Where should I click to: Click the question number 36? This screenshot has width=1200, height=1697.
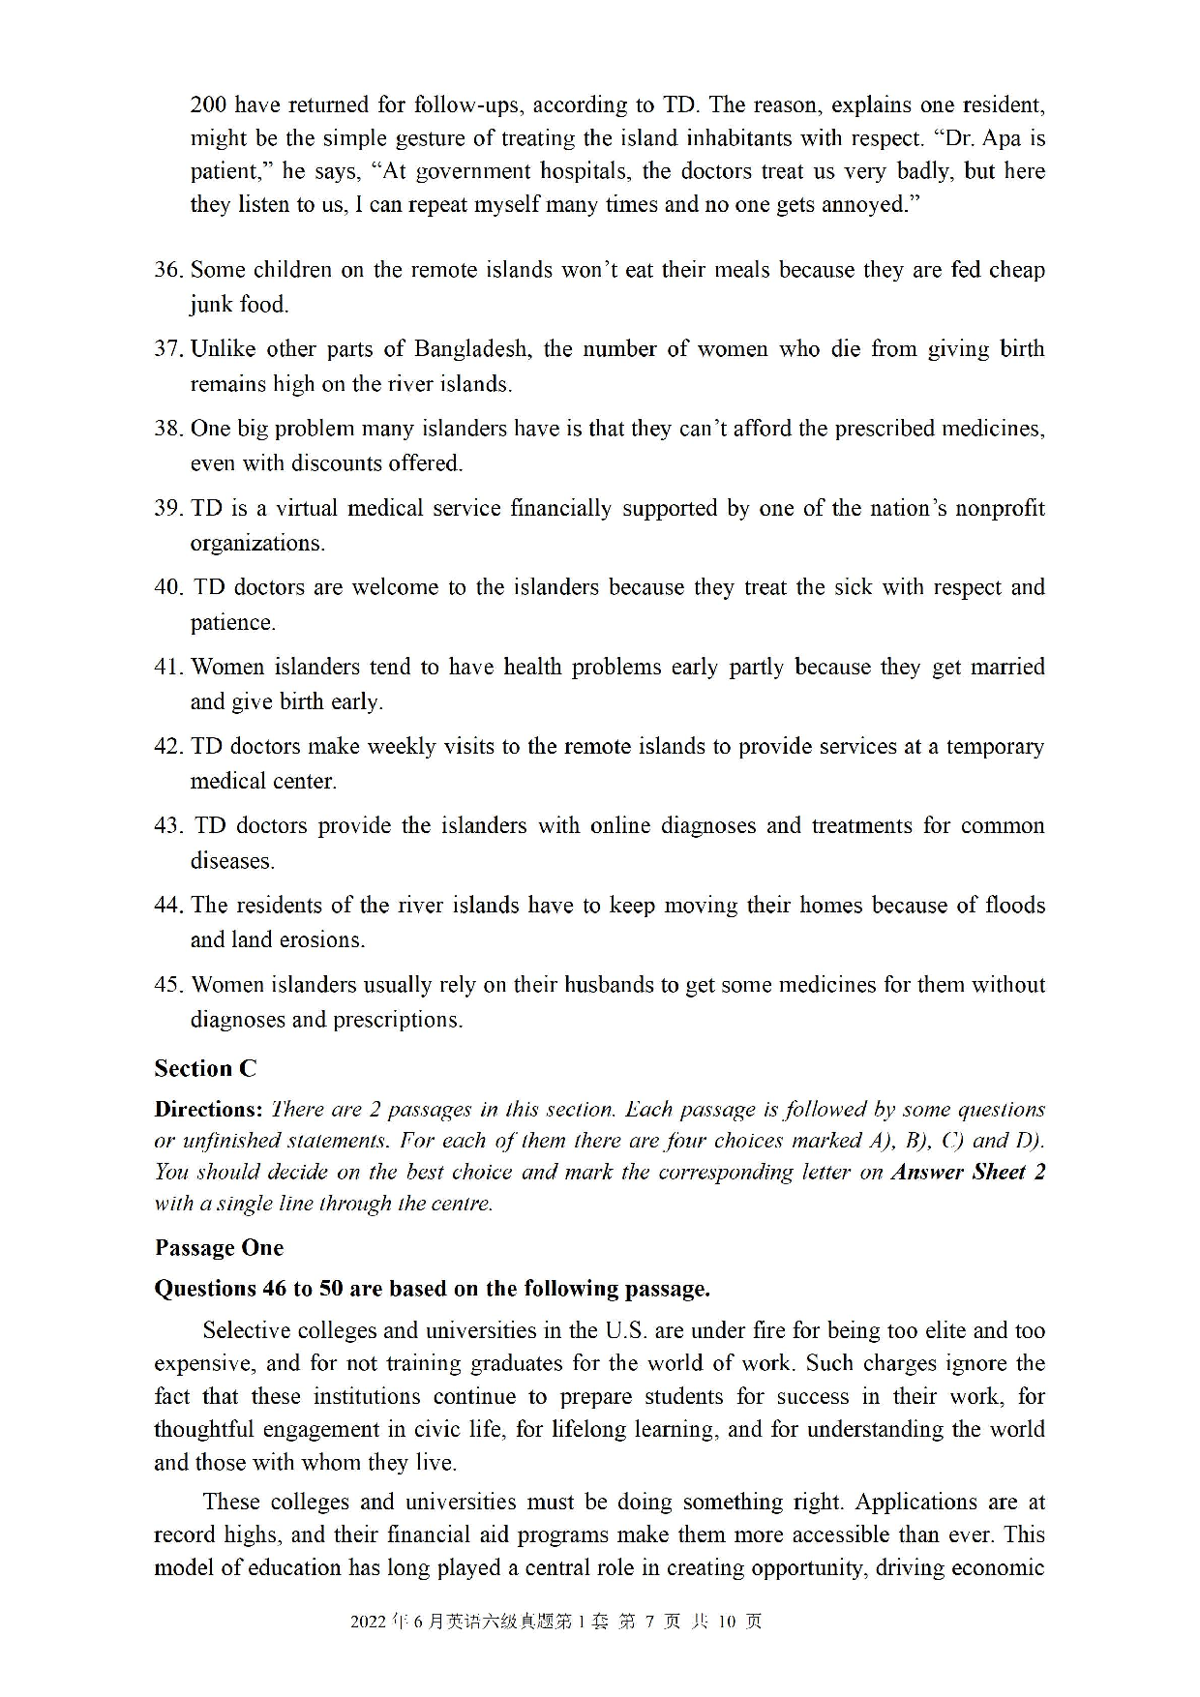coord(168,270)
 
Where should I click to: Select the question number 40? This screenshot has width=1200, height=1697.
coord(168,587)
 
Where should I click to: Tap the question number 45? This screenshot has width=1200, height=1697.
coord(168,985)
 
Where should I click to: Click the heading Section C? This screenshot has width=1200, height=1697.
coord(205,1068)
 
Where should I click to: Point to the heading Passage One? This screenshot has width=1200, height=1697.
coord(219,1248)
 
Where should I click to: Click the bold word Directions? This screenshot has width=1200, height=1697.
coord(208,1110)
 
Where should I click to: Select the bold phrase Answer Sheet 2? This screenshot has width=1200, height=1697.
coord(968,1173)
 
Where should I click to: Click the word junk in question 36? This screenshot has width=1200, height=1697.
coord(211,305)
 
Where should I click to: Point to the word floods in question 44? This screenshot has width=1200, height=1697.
coord(1014,906)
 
